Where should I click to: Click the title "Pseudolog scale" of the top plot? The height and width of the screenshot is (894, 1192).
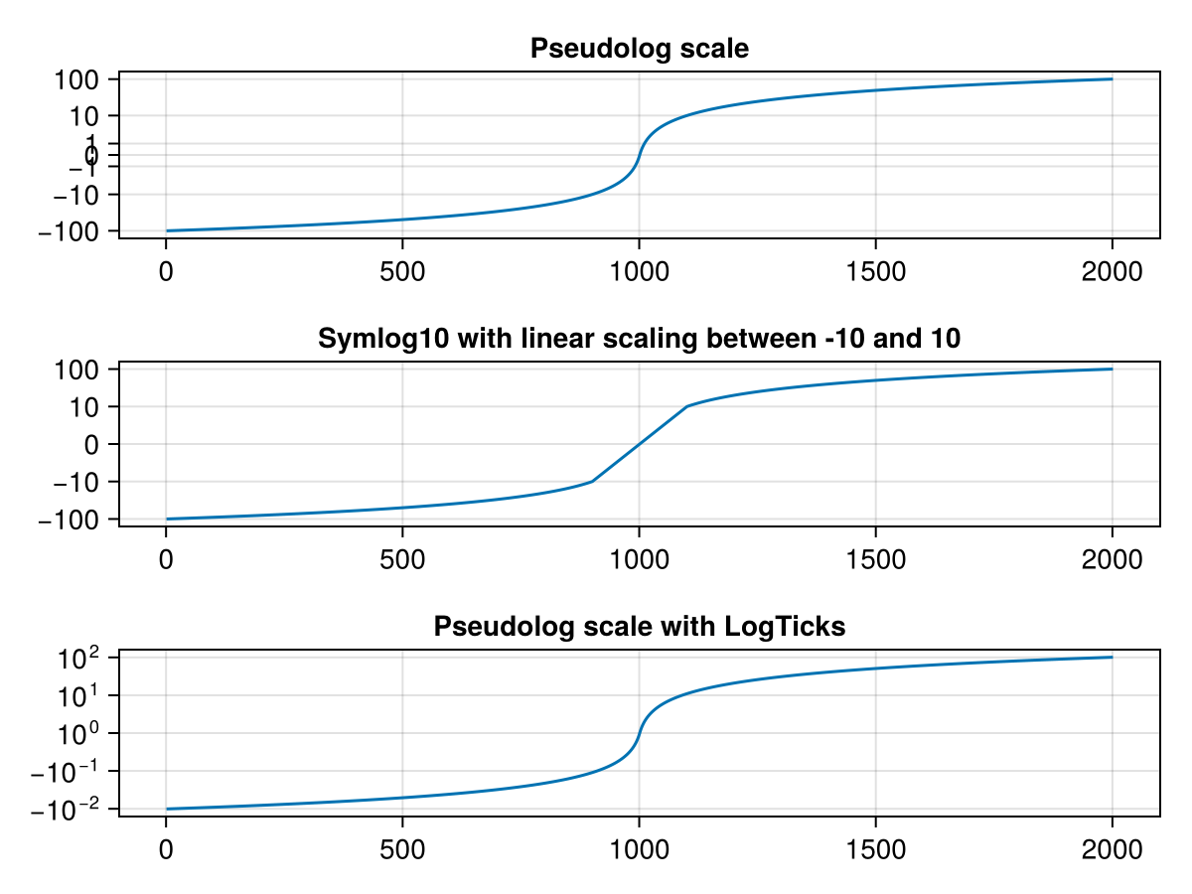[x=639, y=49]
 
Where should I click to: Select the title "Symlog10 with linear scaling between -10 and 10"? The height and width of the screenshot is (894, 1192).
[x=639, y=339]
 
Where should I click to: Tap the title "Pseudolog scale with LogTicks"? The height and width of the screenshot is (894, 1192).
[x=639, y=627]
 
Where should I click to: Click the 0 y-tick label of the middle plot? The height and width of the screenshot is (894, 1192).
[x=92, y=444]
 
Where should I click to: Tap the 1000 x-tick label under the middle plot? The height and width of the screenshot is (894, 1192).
[x=638, y=560]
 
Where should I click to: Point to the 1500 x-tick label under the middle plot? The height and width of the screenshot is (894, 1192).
[x=875, y=560]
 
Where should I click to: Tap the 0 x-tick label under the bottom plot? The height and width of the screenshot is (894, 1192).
[x=166, y=850]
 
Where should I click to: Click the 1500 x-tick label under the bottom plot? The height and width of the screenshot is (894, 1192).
[x=875, y=850]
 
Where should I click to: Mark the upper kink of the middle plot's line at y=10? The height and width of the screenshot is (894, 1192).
[x=685, y=406]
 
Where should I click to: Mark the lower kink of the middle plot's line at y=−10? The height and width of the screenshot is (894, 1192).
[x=592, y=482]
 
